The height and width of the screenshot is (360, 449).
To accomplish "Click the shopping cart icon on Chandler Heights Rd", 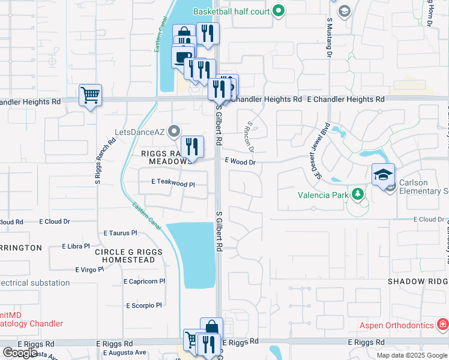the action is click(90, 95).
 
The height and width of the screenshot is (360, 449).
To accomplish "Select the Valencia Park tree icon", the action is click(357, 194).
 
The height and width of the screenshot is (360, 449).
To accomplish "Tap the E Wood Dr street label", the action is click(240, 161).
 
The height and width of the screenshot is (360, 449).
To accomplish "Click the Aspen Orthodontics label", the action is click(397, 325).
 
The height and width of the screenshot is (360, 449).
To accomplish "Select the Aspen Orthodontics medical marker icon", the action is click(443, 325).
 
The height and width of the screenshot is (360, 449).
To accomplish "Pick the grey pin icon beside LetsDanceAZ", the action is click(174, 130).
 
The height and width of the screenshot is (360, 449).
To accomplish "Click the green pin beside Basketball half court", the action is click(278, 10).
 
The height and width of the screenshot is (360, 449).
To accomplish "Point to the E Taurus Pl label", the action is click(121, 233).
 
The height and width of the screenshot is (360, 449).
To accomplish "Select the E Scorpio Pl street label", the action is click(144, 305).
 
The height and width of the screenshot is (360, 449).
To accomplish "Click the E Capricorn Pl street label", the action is click(145, 281).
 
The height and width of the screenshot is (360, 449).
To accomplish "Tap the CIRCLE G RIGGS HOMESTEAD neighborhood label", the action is click(128, 256).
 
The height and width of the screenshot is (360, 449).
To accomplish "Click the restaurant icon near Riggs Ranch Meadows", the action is click(192, 146).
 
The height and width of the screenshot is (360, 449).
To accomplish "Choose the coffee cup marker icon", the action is click(182, 58).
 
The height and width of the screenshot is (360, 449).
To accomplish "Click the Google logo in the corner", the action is click(19, 353).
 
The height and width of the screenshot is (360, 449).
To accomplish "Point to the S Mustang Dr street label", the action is click(330, 37).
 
